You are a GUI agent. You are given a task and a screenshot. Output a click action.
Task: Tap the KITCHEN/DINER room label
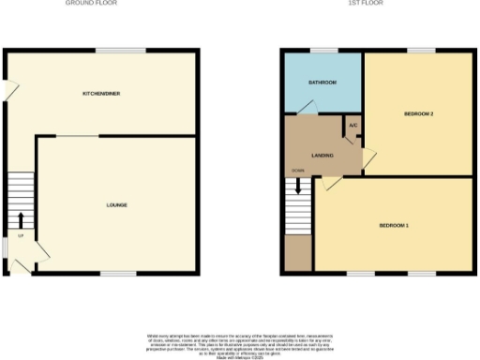(x=101, y=94)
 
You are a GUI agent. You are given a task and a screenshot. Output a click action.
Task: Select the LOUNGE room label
(x=116, y=204)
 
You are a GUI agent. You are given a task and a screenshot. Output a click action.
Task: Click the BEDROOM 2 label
(x=418, y=112)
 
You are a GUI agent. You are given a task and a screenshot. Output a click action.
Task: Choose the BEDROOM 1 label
(x=394, y=226)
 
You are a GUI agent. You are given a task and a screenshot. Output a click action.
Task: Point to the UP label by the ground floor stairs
(x=20, y=235)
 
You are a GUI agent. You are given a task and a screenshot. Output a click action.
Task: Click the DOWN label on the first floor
(x=297, y=170)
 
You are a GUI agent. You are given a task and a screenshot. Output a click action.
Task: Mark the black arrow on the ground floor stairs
(x=21, y=220)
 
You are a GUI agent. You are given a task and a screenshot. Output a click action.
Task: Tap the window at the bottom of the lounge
(x=113, y=274)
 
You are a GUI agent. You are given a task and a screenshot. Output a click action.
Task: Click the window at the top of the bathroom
(x=324, y=50)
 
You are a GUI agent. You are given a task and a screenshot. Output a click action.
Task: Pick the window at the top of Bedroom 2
(x=420, y=50)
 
